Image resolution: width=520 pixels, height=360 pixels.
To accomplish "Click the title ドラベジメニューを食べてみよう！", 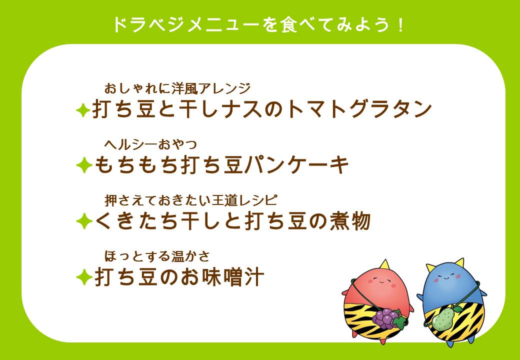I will pos(258,24).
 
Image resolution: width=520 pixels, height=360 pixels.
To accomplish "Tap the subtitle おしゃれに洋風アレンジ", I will pos(177,89).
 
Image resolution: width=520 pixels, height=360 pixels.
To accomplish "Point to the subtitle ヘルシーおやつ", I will pos(150,144).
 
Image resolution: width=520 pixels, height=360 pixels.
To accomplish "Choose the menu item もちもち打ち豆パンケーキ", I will pos(221,165).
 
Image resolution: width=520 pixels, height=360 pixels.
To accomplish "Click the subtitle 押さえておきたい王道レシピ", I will pos(190,200).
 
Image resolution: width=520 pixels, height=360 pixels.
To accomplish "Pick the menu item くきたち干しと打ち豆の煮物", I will pos(232,221).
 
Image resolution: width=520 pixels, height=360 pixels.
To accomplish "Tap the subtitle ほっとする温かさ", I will pos(156,256).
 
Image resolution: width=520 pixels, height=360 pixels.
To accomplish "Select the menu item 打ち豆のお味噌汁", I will pos(178,277).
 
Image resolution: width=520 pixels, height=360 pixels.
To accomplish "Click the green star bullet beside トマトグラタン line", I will pos(82,110).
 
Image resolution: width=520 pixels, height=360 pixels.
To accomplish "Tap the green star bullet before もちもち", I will pos(82,166).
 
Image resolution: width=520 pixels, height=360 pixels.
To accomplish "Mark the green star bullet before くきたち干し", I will pos(82,221).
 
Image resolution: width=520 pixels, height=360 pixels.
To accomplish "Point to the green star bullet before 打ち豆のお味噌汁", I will pos(82,277).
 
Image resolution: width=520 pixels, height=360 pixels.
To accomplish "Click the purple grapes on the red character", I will pos(385,316).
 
